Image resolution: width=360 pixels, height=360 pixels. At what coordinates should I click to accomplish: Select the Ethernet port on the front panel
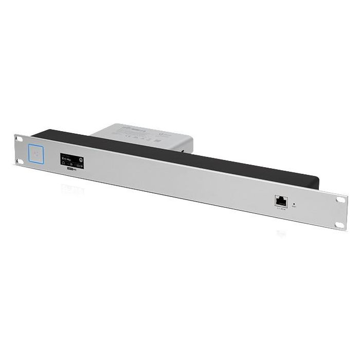click(x=281, y=201)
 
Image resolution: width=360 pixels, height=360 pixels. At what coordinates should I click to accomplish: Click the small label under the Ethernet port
click(x=281, y=208)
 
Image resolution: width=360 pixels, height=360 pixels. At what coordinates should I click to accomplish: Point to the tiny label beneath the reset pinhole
click(x=294, y=209)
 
